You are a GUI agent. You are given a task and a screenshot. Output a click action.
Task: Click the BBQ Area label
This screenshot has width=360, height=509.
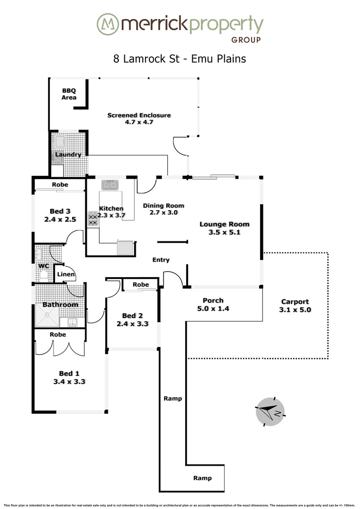tap(69, 94)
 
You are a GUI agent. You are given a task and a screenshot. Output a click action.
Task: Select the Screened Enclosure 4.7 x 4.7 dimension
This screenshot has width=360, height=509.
tap(139, 122)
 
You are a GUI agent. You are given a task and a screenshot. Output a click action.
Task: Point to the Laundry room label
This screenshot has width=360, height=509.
tap(68, 155)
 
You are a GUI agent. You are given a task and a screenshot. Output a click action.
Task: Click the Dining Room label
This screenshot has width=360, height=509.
tap(163, 206)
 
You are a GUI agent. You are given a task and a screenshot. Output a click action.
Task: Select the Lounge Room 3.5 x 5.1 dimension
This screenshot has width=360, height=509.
tap(224, 232)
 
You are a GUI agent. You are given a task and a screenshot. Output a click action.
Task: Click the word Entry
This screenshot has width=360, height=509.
tap(161, 260)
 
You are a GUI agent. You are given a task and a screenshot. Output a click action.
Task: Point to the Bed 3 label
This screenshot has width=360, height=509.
tap(60, 212)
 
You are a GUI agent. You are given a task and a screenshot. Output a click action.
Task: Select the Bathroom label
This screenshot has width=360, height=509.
tap(60, 304)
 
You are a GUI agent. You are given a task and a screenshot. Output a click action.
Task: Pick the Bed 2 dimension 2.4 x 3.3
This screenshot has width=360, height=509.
tap(132, 324)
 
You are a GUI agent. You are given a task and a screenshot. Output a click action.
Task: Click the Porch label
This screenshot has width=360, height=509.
tap(213, 301)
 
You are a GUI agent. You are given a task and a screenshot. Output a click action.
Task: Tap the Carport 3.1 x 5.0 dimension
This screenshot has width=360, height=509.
tap(295, 310)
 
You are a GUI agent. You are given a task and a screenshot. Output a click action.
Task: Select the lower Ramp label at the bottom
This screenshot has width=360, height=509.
tap(202, 478)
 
